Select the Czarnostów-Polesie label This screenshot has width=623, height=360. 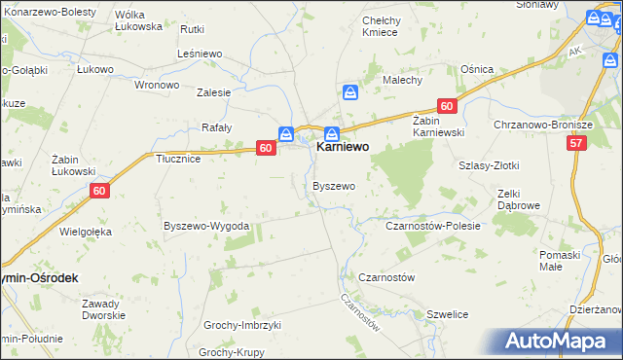pos(433,226)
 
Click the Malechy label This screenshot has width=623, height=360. pos(401,80)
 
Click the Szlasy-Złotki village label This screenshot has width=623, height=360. pos(488,165)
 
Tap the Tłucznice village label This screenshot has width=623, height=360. pos(178,160)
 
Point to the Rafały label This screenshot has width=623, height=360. pos(216,127)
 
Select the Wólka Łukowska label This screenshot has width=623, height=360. pos(138,20)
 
